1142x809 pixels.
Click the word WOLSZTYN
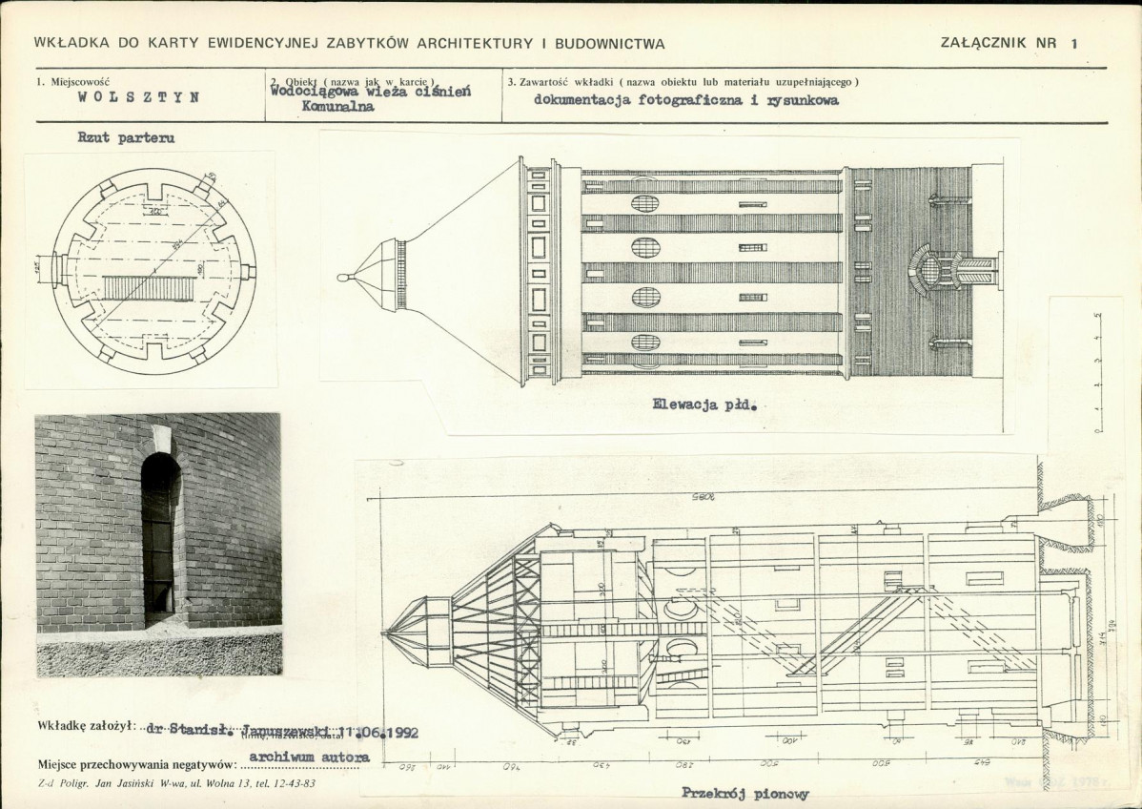138,97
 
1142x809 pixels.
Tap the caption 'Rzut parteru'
126,138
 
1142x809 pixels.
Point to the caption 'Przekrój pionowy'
745,793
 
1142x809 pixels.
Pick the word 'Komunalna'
337,108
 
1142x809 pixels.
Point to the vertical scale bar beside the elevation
1099,372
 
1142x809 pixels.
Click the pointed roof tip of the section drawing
384,631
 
